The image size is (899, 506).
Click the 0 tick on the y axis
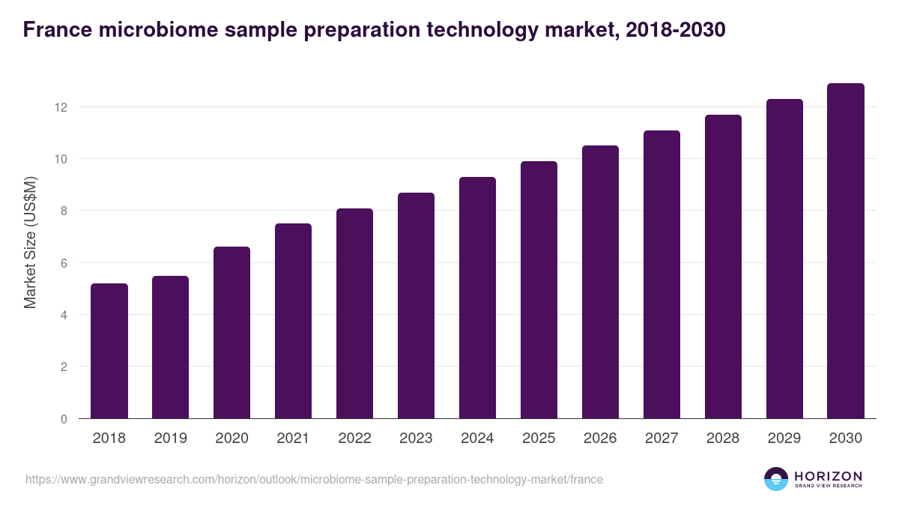coord(64,419)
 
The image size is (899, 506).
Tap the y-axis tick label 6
coord(64,263)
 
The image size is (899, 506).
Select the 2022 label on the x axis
coord(354,439)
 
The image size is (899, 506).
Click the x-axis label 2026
coord(600,439)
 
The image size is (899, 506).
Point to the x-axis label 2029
coord(784,439)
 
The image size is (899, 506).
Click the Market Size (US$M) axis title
coord(30,242)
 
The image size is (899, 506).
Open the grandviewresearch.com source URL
coord(314,479)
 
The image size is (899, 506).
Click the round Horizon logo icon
coord(776,479)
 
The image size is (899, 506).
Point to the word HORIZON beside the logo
coord(828,475)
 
